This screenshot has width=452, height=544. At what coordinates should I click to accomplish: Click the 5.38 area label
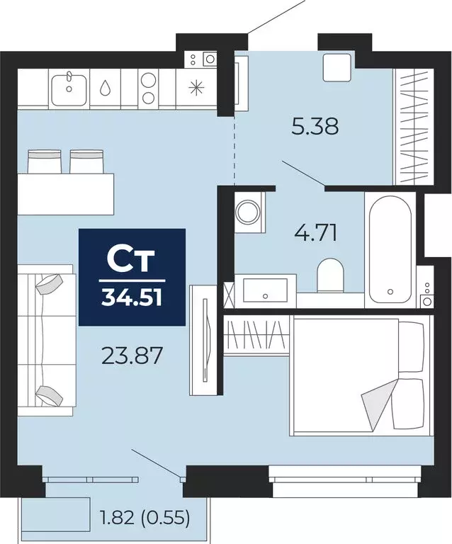[315, 127]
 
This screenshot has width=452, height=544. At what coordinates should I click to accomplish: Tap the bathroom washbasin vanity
[265, 290]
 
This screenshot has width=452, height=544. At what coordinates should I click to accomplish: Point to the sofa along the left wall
[44, 340]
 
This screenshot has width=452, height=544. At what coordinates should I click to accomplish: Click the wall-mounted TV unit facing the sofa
[203, 339]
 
